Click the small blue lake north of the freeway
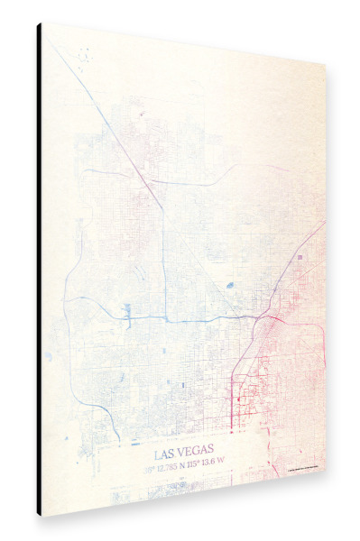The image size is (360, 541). coord(229,285)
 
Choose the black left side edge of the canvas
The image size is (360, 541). coord(40,270)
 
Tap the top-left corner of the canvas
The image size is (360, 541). coord(43,24)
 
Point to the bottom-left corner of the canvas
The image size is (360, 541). coord(43,516)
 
